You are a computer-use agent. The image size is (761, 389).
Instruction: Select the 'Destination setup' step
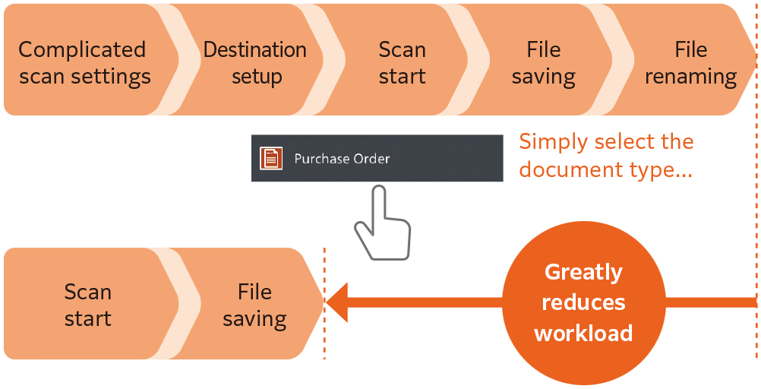(x=255, y=62)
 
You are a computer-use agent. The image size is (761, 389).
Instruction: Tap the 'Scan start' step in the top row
(x=402, y=62)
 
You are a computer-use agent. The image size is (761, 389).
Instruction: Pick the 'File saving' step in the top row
(x=543, y=62)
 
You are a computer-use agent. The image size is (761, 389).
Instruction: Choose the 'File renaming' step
(x=690, y=62)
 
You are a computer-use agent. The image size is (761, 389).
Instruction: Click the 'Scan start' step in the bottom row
(x=87, y=305)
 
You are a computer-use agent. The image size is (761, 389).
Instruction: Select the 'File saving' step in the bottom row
(x=254, y=305)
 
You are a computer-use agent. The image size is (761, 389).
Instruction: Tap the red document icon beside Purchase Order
(x=271, y=159)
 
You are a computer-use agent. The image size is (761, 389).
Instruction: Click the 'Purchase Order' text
(x=342, y=159)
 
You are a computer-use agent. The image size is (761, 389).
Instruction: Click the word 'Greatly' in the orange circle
(x=583, y=272)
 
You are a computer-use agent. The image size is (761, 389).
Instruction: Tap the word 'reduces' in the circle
(x=583, y=302)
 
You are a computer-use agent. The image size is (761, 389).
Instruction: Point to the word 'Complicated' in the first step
(x=82, y=49)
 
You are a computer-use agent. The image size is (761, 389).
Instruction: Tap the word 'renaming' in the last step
(x=690, y=76)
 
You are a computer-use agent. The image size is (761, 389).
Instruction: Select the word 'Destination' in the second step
(x=255, y=49)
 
